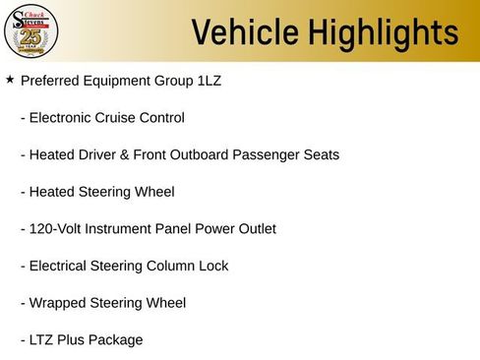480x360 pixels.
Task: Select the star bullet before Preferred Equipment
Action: [x=10, y=79]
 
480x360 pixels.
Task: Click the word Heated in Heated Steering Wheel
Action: [x=52, y=192]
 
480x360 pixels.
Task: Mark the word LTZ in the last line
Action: [x=43, y=340]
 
